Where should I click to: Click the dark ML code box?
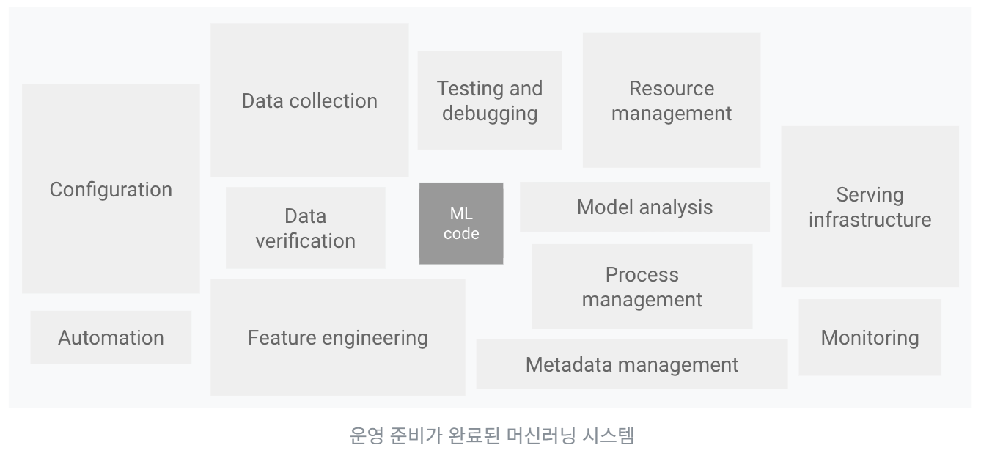pyautogui.click(x=461, y=223)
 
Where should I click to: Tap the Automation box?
pyautogui.click(x=111, y=337)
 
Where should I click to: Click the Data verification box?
pyautogui.click(x=305, y=228)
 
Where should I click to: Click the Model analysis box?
pyautogui.click(x=644, y=207)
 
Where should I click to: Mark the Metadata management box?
pyautogui.click(x=631, y=364)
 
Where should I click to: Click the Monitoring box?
pyautogui.click(x=870, y=337)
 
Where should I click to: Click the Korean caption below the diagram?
pyautogui.click(x=491, y=435)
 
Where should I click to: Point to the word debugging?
pyautogui.click(x=490, y=114)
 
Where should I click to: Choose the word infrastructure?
pyautogui.click(x=870, y=220)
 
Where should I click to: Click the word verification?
pyautogui.click(x=305, y=240)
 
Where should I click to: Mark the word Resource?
pyautogui.click(x=671, y=89)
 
